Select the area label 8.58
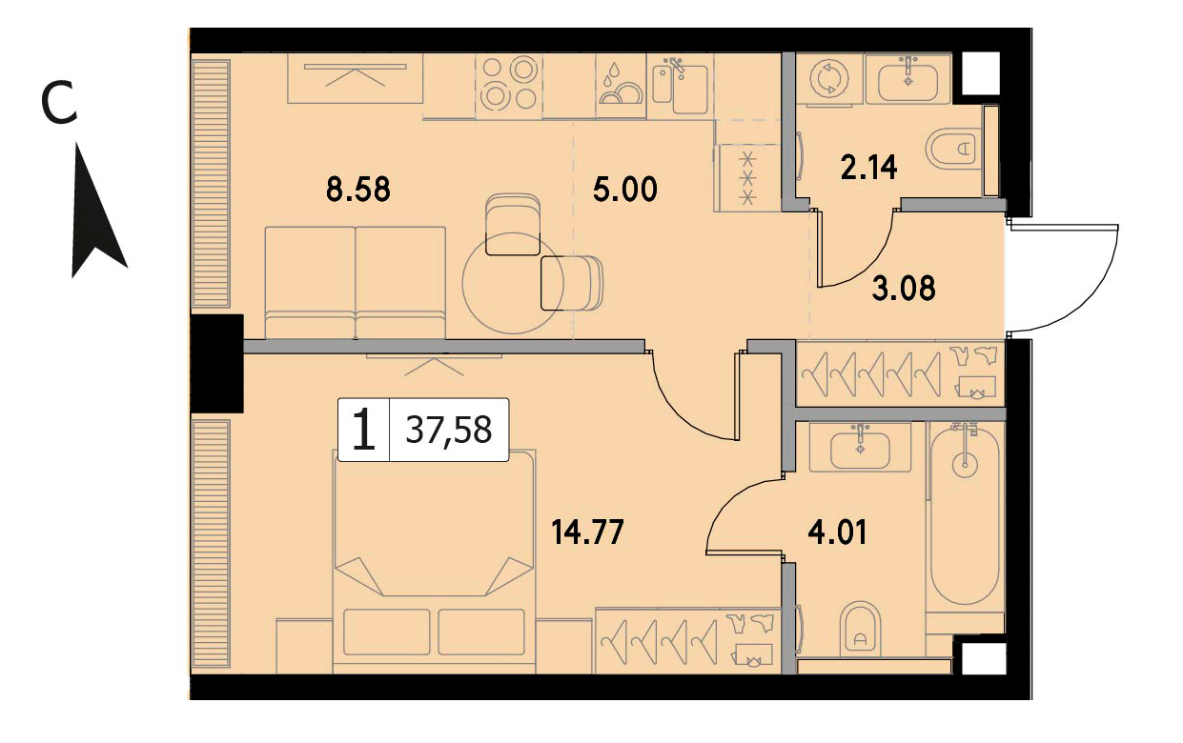click(358, 189)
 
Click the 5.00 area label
click(624, 189)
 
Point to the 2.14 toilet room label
click(868, 168)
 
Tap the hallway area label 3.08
click(904, 288)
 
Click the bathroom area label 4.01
click(837, 533)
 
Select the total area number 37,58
click(449, 430)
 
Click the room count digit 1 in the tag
click(363, 431)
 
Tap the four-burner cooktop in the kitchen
click(509, 85)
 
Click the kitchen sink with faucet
click(681, 87)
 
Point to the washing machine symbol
click(829, 80)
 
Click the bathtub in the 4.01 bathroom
click(965, 514)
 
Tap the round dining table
click(512, 283)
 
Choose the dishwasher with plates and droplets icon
click(622, 86)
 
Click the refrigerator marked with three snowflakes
click(747, 177)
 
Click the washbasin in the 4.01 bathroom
click(860, 448)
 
